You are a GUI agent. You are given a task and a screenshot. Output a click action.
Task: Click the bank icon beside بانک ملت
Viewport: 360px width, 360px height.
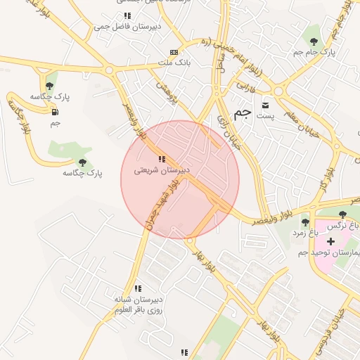174,53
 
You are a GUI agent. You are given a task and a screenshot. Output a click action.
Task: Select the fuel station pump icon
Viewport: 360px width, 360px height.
55,111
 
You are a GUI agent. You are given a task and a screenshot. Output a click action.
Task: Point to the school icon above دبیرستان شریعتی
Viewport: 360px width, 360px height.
162,160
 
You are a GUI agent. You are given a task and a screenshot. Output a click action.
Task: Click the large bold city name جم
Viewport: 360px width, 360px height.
241,113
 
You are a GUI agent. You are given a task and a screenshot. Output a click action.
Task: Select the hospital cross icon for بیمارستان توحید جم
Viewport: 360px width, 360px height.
331,241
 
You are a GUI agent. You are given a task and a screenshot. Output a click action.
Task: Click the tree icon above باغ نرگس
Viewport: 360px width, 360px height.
342,214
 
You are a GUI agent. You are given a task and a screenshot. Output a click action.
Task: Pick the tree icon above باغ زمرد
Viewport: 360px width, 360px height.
304,221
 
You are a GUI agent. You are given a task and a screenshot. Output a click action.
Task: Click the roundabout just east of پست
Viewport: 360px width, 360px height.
279,91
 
